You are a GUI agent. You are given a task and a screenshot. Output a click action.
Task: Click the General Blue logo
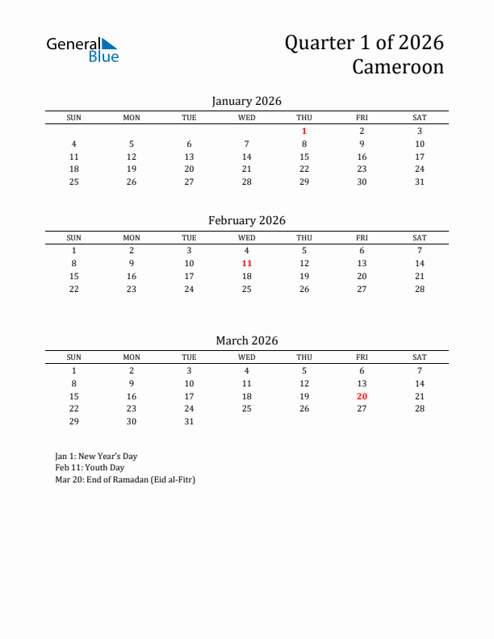coord(82,49)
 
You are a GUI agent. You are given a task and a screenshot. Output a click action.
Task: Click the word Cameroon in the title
coord(397,66)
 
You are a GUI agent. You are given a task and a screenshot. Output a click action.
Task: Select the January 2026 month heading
coord(246,101)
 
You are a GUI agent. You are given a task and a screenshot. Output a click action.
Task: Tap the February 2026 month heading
coord(246,220)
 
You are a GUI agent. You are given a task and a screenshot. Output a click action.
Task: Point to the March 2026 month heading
coord(246,340)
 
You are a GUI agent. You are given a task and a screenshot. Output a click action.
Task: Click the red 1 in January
coord(304,131)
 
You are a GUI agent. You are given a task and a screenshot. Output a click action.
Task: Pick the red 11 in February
coord(247,263)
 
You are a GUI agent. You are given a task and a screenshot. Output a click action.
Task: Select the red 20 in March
coord(362,396)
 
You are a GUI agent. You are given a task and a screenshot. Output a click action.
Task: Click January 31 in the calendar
coord(420,182)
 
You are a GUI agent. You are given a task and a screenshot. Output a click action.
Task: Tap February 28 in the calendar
coord(420,289)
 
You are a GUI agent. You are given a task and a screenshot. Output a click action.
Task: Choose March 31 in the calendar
coord(189,421)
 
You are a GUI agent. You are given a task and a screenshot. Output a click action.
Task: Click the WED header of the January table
coord(247,118)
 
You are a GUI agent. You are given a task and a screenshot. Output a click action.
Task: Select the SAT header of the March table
coord(420,357)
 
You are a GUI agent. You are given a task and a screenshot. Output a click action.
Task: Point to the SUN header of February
coord(73,238)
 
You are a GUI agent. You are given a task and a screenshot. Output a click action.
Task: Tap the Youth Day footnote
coord(90,467)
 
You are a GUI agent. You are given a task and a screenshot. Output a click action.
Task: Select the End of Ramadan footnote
coord(125,479)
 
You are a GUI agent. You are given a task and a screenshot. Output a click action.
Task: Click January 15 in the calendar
coord(304,157)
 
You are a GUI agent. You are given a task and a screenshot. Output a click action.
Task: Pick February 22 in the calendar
coord(73,289)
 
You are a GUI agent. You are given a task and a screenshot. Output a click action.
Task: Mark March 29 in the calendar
coord(73,421)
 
